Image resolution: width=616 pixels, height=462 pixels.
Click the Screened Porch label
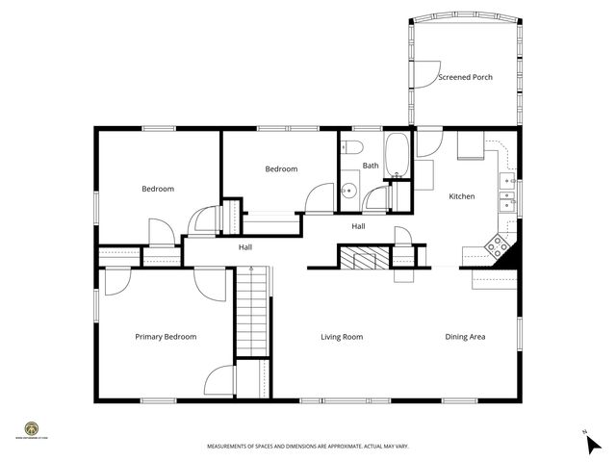(465, 77)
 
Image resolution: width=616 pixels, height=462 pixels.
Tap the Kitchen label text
(462, 196)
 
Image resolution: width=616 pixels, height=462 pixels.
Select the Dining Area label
(464, 337)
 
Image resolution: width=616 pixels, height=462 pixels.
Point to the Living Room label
(342, 337)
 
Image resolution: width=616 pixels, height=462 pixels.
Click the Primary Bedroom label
(166, 337)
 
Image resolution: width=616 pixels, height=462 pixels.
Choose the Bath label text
(371, 166)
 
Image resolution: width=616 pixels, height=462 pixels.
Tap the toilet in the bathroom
(350, 148)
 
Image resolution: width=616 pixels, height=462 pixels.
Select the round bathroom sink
(349, 191)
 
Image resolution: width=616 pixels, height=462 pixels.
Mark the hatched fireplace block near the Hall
(364, 258)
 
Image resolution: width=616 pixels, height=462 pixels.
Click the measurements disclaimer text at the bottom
(307, 447)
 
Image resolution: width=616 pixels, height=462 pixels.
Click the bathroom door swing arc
(376, 197)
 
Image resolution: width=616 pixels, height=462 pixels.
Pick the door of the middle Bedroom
(318, 197)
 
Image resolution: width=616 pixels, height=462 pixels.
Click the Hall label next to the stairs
(245, 247)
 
